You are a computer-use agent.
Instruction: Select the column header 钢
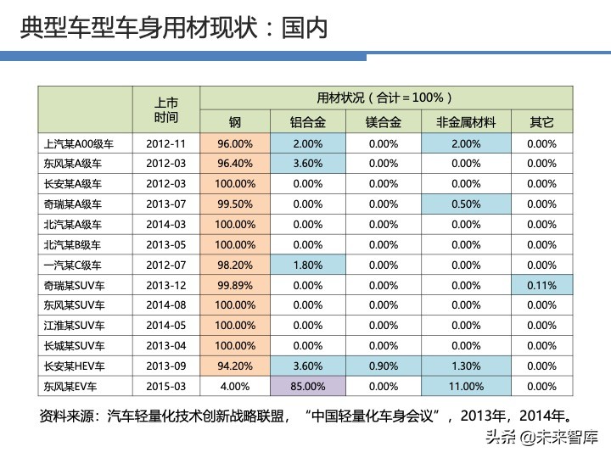pos(235,122)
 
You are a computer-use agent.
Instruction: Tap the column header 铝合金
pos(306,122)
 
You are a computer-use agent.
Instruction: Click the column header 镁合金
pos(383,122)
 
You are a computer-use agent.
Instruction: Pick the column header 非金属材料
pos(466,122)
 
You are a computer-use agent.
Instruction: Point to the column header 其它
pos(541,122)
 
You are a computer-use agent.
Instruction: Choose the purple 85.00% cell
pos(307,386)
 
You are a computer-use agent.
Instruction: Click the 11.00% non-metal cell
pos(466,386)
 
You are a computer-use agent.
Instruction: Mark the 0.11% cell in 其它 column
pos(541,285)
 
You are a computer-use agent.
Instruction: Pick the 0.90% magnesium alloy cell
pos(384,366)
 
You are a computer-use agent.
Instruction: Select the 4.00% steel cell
pos(235,386)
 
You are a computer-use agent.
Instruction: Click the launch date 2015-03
pos(165,386)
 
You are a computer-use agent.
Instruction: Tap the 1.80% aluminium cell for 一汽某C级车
pos(307,265)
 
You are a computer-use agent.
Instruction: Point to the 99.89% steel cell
pos(235,285)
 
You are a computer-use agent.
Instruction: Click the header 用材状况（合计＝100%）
pos(384,97)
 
